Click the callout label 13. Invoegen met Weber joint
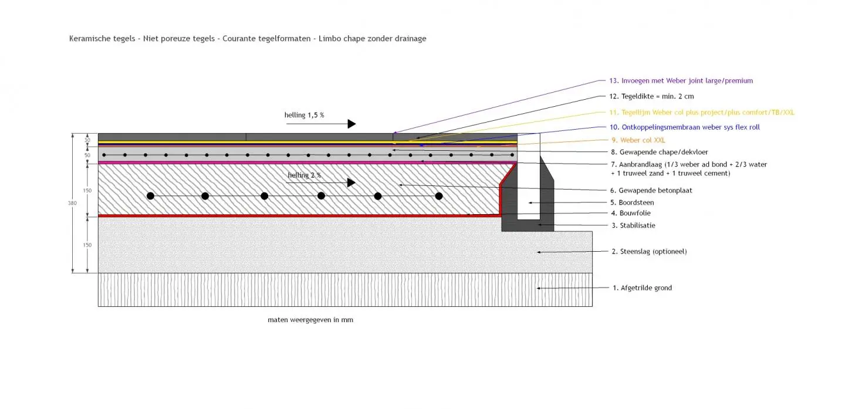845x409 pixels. [681, 81]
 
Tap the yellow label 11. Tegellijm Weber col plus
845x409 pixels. [702, 112]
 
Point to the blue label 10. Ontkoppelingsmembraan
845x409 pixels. [685, 127]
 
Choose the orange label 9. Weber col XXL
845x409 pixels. [638, 140]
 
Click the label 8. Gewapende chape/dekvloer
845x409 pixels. [659, 152]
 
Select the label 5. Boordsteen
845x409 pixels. [633, 202]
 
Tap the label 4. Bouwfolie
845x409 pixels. [631, 214]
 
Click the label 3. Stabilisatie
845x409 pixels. [633, 225]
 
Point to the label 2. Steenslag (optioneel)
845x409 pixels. [649, 252]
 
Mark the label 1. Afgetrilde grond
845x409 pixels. [642, 288]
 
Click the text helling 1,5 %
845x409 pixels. [304, 115]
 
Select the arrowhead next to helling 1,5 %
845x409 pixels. [351, 124]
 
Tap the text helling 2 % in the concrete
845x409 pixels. [304, 175]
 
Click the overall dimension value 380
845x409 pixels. [72, 203]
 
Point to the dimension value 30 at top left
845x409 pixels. [87, 140]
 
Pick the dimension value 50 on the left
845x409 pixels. [87, 156]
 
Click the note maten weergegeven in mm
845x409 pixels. [310, 320]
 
